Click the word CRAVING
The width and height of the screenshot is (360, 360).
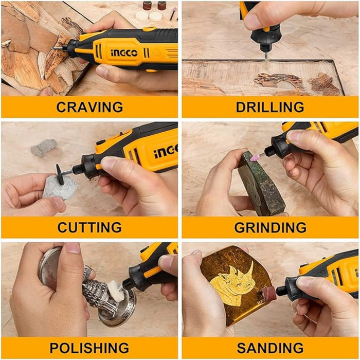tap(89, 107)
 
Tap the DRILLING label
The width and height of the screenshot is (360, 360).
tap(270, 107)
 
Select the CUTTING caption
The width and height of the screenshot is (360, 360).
tap(89, 227)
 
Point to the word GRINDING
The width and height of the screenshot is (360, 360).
tap(270, 227)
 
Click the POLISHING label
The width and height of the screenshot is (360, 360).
tap(89, 348)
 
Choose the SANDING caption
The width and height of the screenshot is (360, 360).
tap(270, 348)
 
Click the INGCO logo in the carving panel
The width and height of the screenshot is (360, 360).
tap(124, 53)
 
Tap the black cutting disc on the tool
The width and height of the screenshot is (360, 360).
tap(60, 174)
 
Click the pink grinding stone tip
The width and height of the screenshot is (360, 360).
tap(255, 157)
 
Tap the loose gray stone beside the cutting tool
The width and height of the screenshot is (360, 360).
tap(44, 148)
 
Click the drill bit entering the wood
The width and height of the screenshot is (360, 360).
tap(266, 58)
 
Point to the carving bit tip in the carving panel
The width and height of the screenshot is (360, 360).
tap(53, 48)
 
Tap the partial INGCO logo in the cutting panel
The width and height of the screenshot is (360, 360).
tap(166, 152)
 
